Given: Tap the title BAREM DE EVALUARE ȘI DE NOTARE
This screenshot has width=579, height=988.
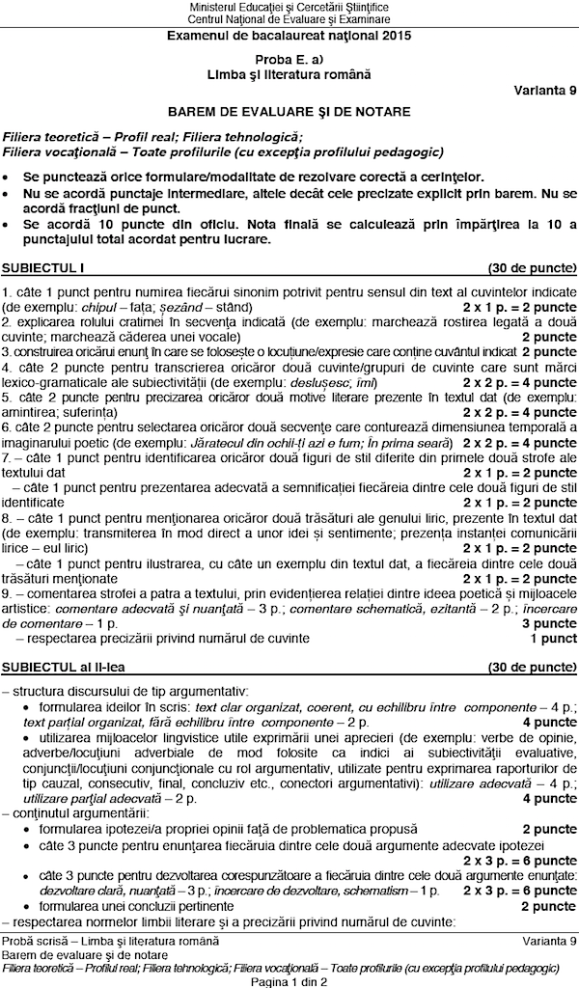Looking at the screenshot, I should tap(289, 111).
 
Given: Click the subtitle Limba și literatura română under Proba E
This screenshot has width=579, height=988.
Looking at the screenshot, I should tap(289, 73).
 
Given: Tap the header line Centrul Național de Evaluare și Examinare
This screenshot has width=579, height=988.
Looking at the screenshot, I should tap(289, 19).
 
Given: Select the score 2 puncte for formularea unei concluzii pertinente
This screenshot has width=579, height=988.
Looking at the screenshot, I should tap(549, 906).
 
